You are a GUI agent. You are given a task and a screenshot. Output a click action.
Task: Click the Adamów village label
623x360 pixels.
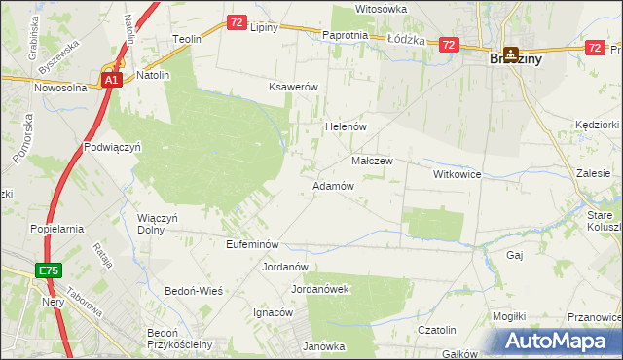pos(332,185)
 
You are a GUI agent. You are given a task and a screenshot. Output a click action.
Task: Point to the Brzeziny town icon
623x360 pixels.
pos(510,56)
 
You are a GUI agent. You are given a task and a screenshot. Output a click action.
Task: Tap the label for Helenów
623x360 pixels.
pos(344,126)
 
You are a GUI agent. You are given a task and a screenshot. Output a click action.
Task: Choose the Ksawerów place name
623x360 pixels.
pos(294,87)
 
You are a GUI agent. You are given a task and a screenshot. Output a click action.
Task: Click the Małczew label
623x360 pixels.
pos(371,161)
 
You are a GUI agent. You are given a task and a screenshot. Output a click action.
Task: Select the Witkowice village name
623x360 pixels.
pos(458,173)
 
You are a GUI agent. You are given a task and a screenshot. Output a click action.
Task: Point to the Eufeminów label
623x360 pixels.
pos(252,244)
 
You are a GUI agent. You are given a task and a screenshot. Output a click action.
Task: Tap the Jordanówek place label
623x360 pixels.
pos(320,289)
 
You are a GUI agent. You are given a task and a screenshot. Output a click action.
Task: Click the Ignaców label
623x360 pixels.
pos(274,312)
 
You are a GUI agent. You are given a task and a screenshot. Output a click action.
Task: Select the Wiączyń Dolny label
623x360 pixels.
pos(158,225)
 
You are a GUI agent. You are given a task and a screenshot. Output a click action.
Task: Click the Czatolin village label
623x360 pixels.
pos(437,330)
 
